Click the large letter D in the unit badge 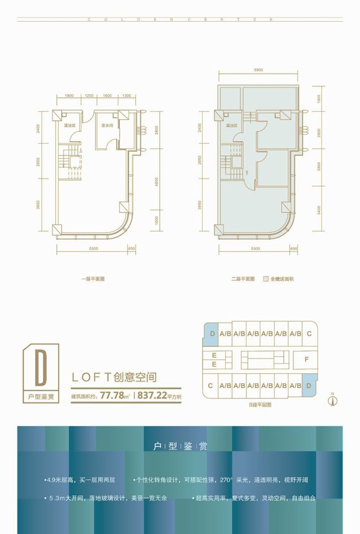click(40, 367)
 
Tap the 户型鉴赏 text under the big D click(41, 396)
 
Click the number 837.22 click(152, 396)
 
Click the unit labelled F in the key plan click(306, 359)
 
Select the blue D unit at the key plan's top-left click(211, 334)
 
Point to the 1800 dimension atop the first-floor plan click(69, 95)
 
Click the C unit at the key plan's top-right click(309, 334)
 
